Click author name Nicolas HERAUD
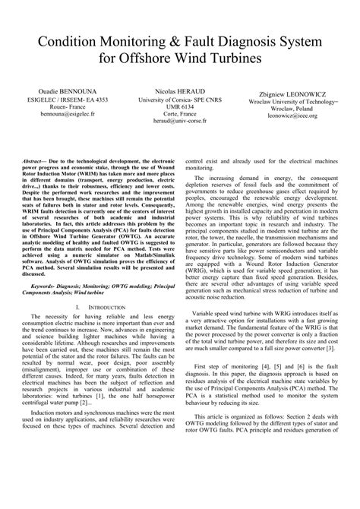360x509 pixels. click(x=178, y=89)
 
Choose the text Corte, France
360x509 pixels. click(x=178, y=112)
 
